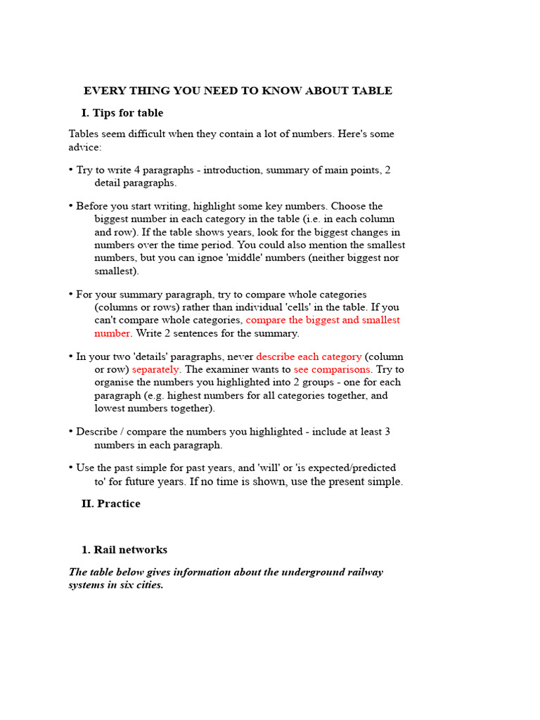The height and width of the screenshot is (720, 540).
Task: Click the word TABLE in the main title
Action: click(373, 91)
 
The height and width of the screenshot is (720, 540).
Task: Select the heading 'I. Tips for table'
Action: click(122, 113)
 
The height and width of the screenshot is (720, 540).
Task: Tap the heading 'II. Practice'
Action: click(111, 503)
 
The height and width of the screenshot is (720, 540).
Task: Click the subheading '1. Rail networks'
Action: click(124, 550)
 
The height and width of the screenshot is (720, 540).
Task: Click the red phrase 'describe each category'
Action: click(309, 356)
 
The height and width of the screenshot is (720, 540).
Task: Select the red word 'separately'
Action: click(155, 369)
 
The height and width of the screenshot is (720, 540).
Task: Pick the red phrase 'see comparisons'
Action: click(332, 369)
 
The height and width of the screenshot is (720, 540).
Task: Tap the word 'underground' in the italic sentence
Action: click(311, 572)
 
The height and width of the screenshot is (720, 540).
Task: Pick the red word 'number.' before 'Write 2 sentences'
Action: click(113, 333)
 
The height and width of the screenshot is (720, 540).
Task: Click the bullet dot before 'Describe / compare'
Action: click(71, 432)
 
